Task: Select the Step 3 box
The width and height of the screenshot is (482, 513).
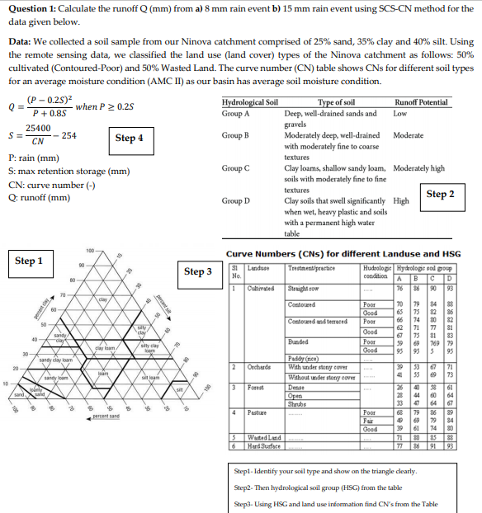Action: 198,271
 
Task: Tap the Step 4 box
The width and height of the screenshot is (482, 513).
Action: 129,138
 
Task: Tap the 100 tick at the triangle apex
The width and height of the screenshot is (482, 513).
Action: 88,249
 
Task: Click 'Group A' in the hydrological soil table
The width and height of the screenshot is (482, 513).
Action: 236,113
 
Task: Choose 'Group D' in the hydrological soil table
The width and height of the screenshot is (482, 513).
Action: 236,200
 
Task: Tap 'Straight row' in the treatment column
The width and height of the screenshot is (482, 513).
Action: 303,288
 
